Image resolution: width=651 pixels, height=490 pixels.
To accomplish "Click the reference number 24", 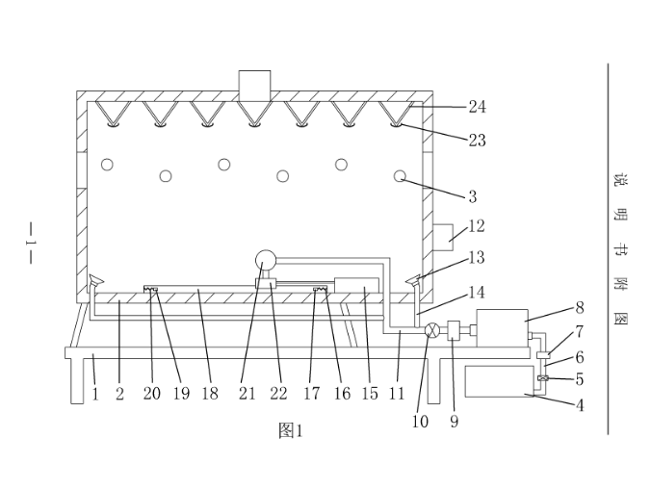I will [x=478, y=107].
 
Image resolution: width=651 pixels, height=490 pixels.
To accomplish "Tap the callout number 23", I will [x=477, y=141].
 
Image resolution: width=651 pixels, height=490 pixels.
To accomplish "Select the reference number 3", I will [x=472, y=197].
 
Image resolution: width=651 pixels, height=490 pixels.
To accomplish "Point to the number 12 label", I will [x=476, y=226].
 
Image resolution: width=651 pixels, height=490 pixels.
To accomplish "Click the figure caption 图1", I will [x=290, y=430].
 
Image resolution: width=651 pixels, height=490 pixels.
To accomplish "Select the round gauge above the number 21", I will [x=265, y=259].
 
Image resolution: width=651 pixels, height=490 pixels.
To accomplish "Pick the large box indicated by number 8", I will [x=501, y=328].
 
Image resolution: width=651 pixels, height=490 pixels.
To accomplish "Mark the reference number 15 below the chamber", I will [x=370, y=394].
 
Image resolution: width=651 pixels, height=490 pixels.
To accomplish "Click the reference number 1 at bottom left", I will [x=95, y=394].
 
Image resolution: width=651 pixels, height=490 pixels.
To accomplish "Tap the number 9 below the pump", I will [x=454, y=421].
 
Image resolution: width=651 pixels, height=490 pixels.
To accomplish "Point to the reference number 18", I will [x=210, y=394].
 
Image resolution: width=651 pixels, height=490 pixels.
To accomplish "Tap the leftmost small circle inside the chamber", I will [x=107, y=165].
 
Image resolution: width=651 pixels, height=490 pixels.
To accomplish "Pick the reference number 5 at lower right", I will [x=579, y=379].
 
